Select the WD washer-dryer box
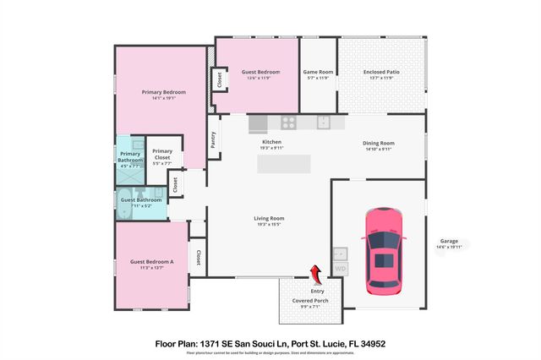coord(341,269)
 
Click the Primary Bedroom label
coord(163,91)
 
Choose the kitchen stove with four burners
coord(288,123)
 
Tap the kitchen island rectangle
coord(283,165)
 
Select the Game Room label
coord(318,72)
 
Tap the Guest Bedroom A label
coord(152,262)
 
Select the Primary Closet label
coord(161,154)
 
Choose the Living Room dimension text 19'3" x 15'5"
coord(269,225)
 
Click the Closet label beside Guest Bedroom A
coord(198,257)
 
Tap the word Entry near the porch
coord(318,292)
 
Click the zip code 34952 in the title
coord(373,344)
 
